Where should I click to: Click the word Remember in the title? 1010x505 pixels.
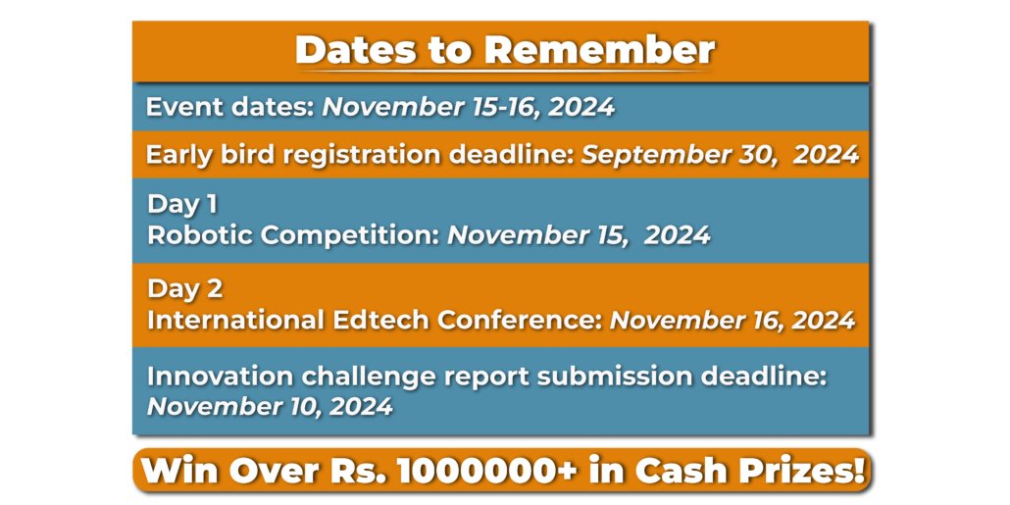tap(600, 50)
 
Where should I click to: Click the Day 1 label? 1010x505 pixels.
tap(182, 204)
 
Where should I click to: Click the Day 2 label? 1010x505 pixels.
tap(185, 289)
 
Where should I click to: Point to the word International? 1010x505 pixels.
tap(235, 320)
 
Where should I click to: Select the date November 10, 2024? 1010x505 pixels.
tap(270, 406)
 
